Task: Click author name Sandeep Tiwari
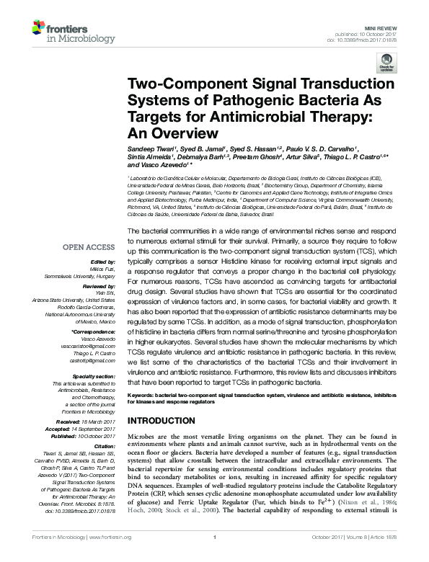pyautogui.click(x=154, y=146)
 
